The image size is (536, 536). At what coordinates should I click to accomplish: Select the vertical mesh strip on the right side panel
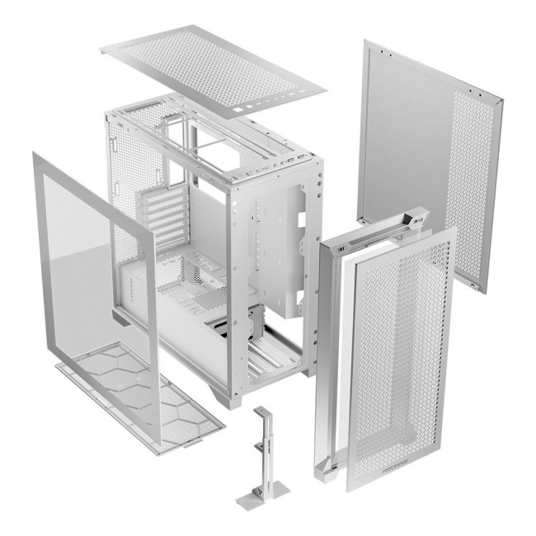(x=474, y=190)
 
